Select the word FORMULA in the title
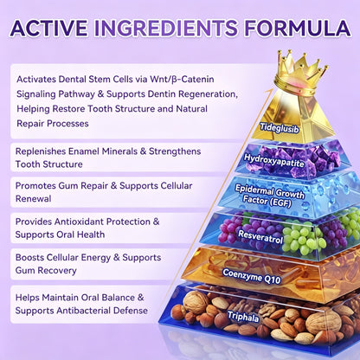[x=298, y=28]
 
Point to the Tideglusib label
[x=280, y=127]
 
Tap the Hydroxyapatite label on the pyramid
[x=273, y=161]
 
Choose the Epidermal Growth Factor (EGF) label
[x=269, y=196]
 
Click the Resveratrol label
[x=260, y=236]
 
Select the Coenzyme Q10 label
[x=252, y=276]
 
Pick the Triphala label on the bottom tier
[x=243, y=317]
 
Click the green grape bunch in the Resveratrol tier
[x=303, y=238]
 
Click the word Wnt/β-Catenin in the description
[x=182, y=79]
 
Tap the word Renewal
[x=34, y=198]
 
